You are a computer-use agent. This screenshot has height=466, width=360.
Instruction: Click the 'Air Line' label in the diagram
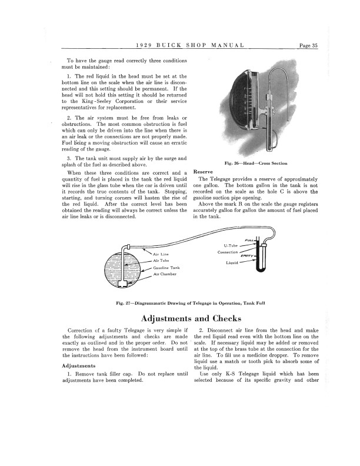(161, 254)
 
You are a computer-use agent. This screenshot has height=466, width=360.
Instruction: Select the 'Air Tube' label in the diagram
(161, 260)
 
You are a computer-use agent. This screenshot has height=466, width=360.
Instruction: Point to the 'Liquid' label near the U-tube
(232, 262)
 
